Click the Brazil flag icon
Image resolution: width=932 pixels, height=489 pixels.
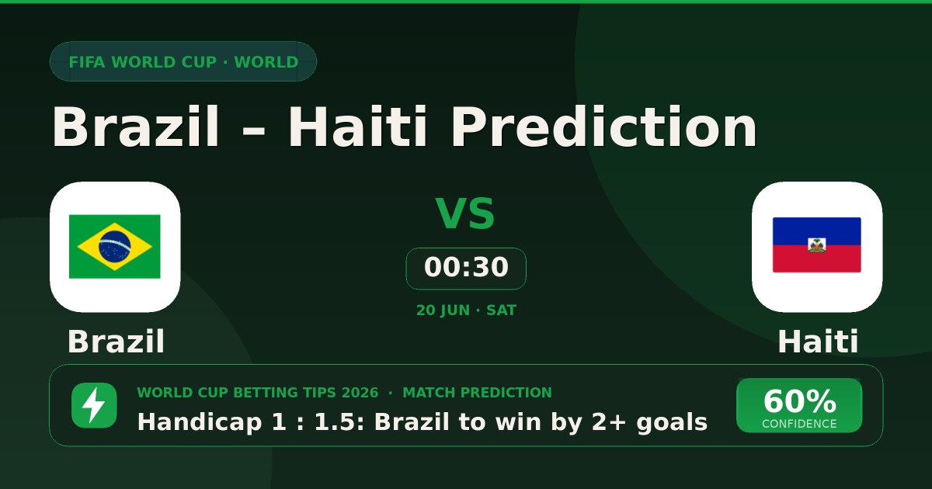(114, 247)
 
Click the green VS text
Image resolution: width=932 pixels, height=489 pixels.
(465, 213)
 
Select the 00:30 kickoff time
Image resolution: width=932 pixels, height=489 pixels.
(466, 267)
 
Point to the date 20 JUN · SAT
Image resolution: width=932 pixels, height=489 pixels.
(466, 310)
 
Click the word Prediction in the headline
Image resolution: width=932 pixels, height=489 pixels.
(604, 127)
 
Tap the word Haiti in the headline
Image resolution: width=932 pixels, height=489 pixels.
(357, 127)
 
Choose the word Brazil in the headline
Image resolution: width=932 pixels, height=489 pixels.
(135, 127)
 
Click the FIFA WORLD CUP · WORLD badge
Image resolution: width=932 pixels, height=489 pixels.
(183, 61)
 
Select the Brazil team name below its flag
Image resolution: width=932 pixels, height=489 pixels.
(116, 342)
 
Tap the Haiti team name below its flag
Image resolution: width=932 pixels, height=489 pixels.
(818, 342)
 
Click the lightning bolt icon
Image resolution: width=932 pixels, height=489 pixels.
(94, 405)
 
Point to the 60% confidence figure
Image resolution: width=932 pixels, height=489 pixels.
(799, 401)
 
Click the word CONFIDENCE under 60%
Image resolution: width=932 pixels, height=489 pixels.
(799, 424)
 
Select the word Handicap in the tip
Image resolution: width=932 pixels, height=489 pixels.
(200, 422)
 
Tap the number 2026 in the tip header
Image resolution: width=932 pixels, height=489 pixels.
(360, 393)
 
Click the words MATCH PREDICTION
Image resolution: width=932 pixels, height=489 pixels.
(477, 393)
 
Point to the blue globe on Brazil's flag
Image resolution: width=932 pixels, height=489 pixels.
(114, 246)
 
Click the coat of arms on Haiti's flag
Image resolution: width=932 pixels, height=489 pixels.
(817, 245)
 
